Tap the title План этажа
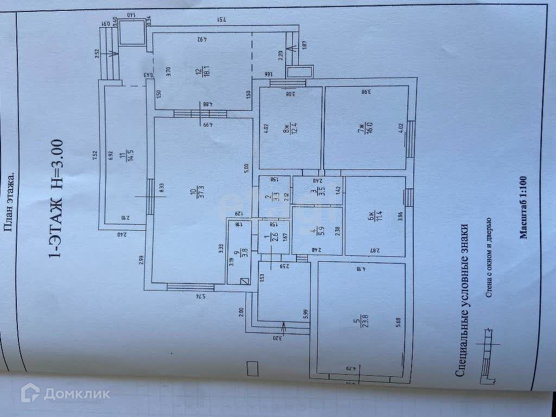point(9,203)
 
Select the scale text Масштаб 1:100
point(523,207)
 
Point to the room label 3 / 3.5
point(318,192)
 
